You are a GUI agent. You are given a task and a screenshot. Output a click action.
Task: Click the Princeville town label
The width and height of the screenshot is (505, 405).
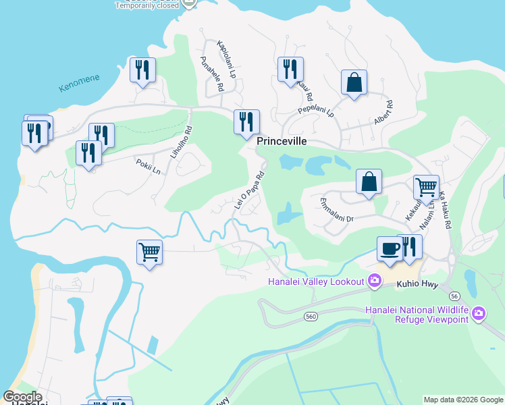coord(282,142)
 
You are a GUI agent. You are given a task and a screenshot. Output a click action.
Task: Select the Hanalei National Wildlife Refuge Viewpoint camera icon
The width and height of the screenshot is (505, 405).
coord(479,313)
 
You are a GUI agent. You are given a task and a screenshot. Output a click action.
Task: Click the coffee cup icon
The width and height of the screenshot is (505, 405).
coord(388,248)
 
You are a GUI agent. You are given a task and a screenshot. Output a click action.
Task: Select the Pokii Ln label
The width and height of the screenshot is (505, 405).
coord(148,167)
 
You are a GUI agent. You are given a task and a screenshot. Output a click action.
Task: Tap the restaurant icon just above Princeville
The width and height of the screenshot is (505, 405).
coord(246,122)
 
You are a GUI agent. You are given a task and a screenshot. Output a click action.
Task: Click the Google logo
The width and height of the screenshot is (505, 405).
coord(22,397)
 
